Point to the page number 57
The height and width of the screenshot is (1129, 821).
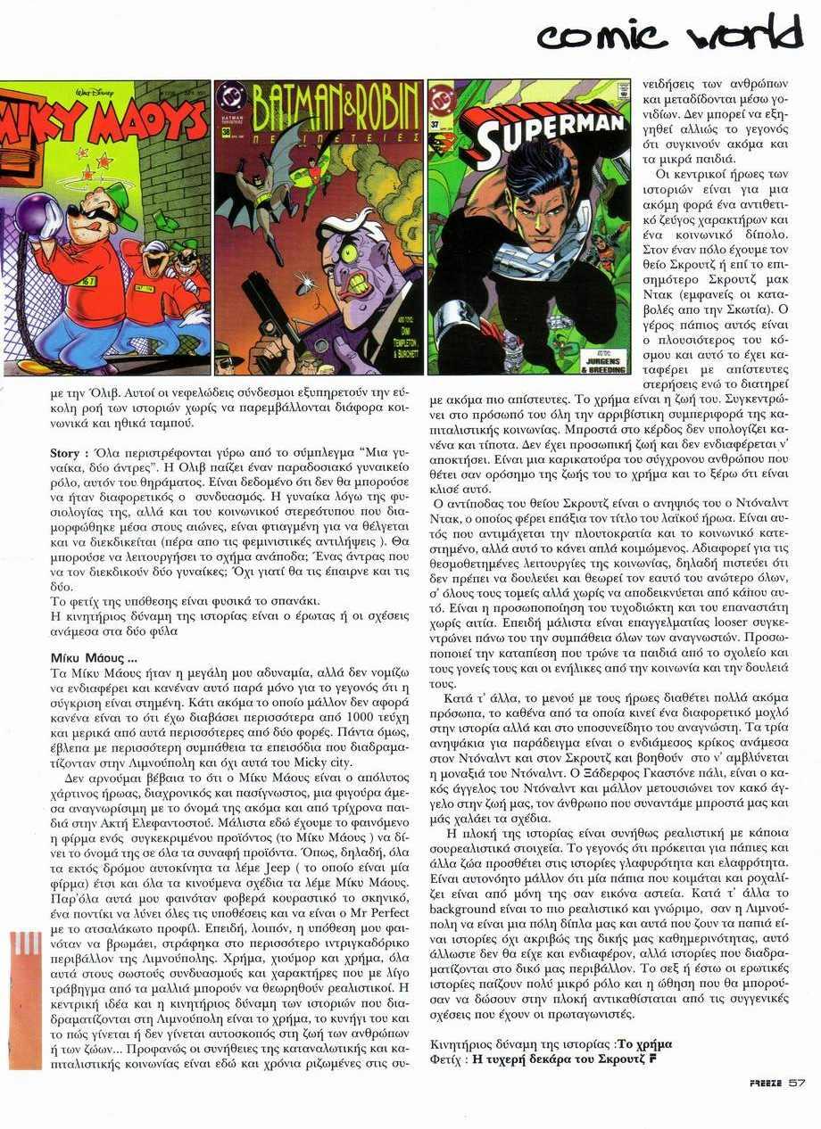click(797, 1084)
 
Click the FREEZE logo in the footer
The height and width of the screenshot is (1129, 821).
click(766, 1084)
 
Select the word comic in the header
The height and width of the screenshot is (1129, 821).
click(602, 36)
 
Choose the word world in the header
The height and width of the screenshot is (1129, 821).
click(746, 34)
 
